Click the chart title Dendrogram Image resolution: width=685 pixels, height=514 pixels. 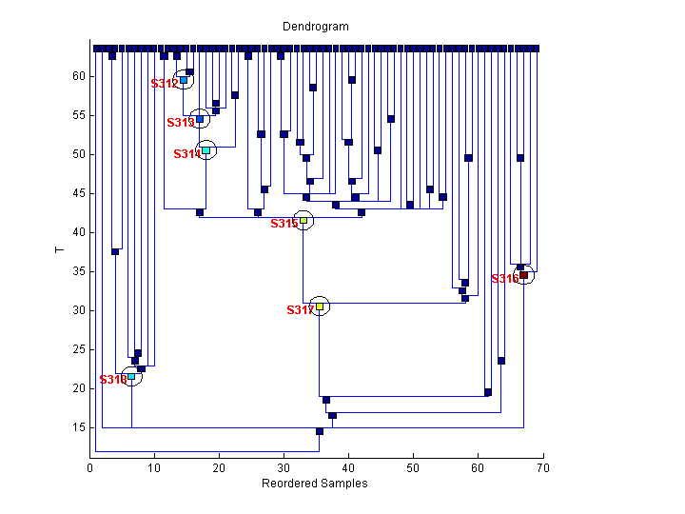316,27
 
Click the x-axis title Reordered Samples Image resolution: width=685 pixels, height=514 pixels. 314,484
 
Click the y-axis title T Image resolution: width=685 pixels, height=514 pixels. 59,250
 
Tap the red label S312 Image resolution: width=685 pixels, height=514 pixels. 164,84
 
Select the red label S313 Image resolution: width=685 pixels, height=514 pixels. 180,123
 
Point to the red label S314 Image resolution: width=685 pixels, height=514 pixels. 186,154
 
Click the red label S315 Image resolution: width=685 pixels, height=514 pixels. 284,224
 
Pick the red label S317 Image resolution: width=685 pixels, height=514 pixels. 300,310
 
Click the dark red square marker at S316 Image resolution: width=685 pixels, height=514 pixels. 523,275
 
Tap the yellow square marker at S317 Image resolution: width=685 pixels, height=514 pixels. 320,306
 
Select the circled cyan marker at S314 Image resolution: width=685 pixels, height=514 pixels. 205,150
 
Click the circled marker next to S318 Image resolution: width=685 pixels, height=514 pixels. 131,376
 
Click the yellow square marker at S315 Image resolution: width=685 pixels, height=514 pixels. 303,220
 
